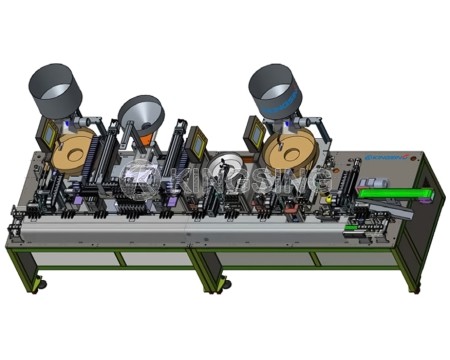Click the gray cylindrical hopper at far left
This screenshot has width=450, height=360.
(x=57, y=91)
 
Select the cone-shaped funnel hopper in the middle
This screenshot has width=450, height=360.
(x=141, y=115)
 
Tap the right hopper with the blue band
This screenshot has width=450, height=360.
(x=275, y=89)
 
